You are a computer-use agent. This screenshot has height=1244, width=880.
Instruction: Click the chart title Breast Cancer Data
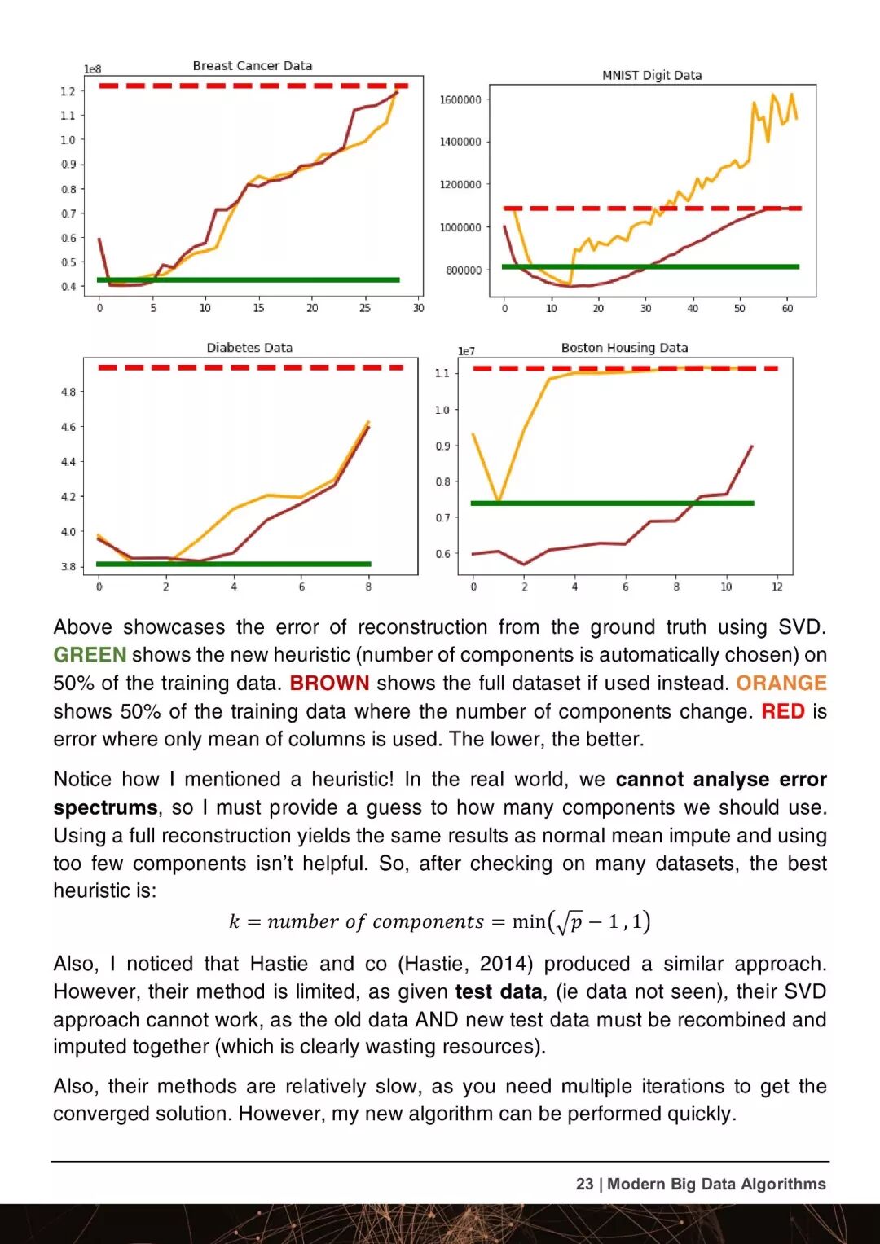(252, 66)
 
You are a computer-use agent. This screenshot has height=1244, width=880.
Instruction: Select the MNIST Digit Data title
(652, 75)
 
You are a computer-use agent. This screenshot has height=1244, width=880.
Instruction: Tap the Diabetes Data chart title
(249, 348)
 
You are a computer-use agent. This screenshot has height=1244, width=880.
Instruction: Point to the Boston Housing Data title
(624, 348)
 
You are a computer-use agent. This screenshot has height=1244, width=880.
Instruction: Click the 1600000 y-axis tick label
(460, 100)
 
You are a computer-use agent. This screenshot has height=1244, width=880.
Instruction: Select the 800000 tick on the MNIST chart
(464, 270)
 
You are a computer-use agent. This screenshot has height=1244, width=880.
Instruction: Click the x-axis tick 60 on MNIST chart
(787, 309)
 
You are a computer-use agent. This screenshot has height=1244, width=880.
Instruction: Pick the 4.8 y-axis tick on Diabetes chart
(68, 392)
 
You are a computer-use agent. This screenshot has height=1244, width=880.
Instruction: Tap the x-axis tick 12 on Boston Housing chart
(777, 587)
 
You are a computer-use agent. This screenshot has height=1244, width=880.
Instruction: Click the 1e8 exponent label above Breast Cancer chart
(93, 69)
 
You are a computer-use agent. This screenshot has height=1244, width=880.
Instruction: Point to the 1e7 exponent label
(466, 351)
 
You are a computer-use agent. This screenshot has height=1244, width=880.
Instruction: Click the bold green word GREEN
(90, 655)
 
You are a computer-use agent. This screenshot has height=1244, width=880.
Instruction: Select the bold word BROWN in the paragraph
(329, 683)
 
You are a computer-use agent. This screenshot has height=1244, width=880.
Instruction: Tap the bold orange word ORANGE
(781, 683)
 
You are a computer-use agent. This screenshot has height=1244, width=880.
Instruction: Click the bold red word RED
(783, 711)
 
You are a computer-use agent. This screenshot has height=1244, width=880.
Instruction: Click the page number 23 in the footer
(584, 1184)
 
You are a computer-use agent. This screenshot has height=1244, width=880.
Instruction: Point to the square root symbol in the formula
(561, 921)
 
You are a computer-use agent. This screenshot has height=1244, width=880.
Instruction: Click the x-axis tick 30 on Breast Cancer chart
(418, 308)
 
